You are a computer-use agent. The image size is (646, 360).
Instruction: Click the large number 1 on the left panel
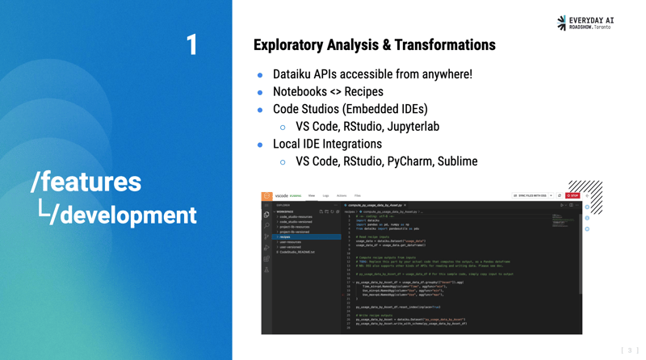click(x=191, y=45)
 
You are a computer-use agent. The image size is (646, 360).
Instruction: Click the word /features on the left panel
click(x=86, y=182)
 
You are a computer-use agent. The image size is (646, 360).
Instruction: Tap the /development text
click(x=122, y=215)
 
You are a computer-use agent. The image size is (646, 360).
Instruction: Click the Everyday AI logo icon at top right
click(x=562, y=23)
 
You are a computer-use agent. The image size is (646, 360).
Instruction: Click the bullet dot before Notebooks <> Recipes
click(x=260, y=93)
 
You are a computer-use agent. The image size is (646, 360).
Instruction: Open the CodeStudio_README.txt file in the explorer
click(x=296, y=252)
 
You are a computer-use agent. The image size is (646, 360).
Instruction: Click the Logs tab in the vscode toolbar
click(x=325, y=195)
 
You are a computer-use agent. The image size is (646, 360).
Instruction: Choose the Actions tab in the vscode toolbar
click(x=341, y=195)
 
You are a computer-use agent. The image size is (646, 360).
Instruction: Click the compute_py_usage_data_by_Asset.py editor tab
click(x=375, y=205)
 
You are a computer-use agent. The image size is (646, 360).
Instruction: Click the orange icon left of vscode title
click(x=266, y=195)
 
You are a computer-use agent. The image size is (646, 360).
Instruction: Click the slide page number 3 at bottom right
click(x=629, y=350)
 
